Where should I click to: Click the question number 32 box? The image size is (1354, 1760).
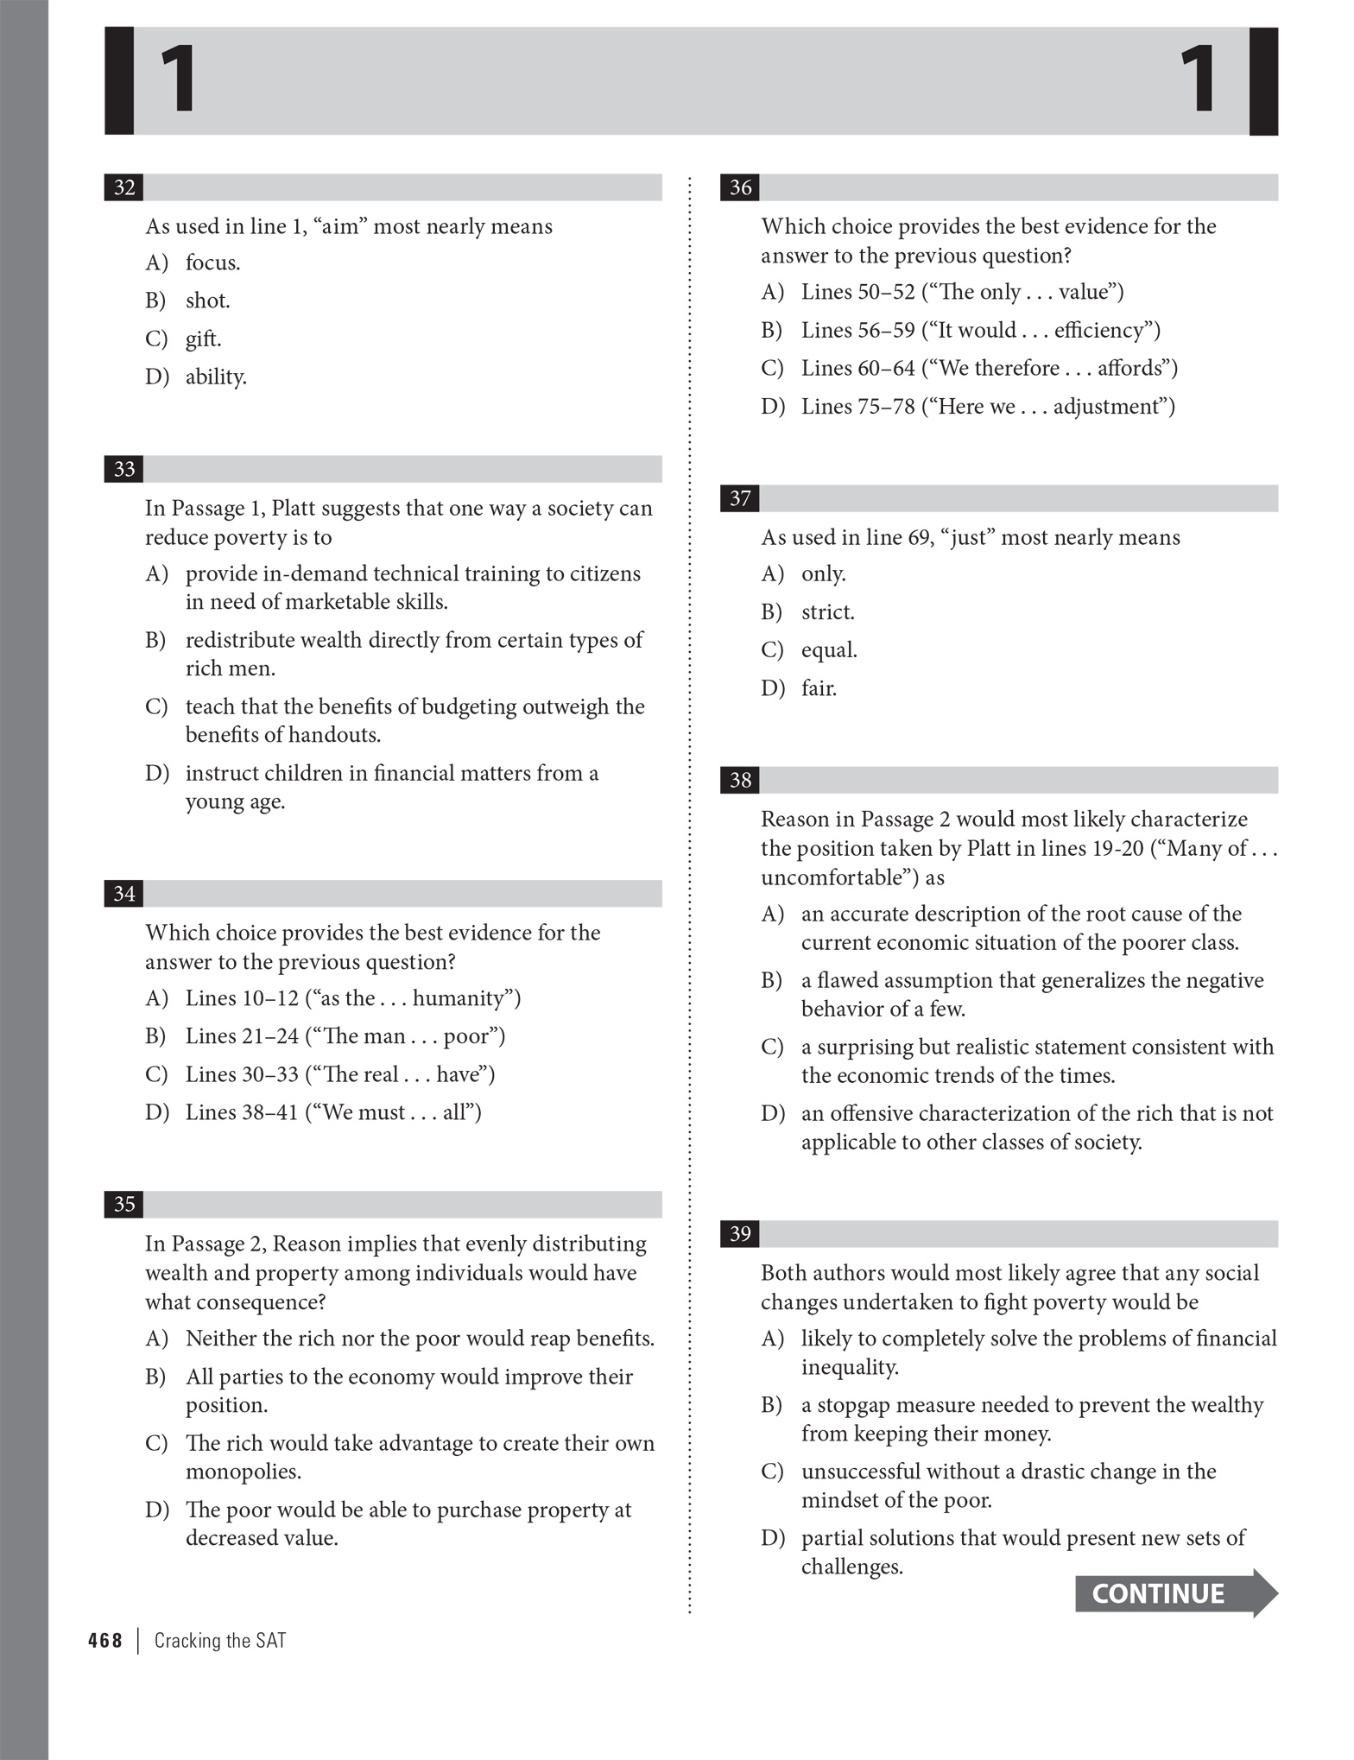(x=124, y=187)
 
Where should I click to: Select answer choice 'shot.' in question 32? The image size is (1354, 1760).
(x=207, y=301)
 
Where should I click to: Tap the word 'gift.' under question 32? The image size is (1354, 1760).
(x=203, y=339)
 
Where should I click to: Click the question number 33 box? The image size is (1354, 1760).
(x=124, y=469)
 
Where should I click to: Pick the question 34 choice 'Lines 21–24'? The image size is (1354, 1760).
(x=345, y=1035)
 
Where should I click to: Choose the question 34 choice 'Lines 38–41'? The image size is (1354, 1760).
(x=332, y=1111)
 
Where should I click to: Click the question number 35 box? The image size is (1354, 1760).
(x=124, y=1204)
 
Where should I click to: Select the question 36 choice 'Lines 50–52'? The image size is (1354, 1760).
(x=961, y=292)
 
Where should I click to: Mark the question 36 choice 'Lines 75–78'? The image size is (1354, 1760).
(x=987, y=406)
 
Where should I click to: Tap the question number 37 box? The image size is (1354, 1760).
(x=740, y=498)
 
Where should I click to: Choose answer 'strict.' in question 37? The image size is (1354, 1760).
(x=827, y=611)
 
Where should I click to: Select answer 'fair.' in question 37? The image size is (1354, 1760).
(x=819, y=687)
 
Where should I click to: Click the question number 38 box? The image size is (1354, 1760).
(x=740, y=780)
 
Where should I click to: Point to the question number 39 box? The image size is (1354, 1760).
(x=740, y=1233)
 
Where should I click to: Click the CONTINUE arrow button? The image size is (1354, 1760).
(x=1174, y=1593)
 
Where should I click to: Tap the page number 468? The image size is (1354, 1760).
(x=105, y=1640)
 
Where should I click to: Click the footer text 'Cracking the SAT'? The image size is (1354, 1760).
(x=219, y=1640)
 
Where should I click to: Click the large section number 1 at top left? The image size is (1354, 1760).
(x=178, y=80)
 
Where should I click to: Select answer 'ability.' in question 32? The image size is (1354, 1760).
(x=216, y=377)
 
